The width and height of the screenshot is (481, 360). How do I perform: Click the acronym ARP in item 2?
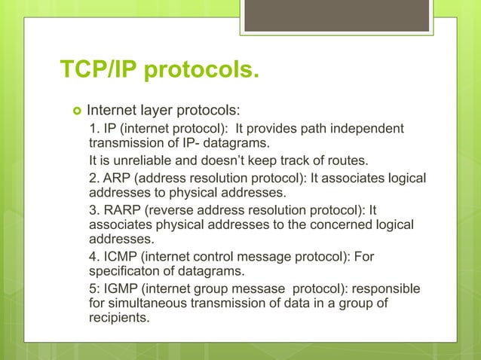coord(115,178)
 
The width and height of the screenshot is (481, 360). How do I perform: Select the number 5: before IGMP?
coord(96,290)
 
